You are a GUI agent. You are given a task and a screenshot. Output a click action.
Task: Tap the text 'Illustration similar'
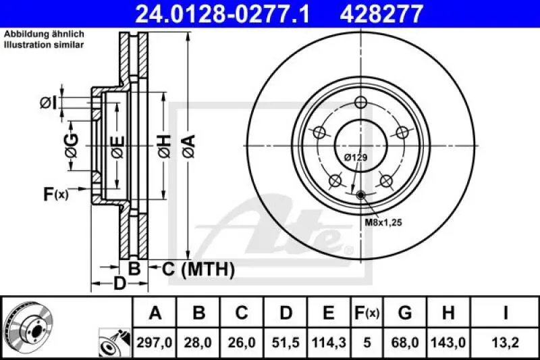tap(44, 45)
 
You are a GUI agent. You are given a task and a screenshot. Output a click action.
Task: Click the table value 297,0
tap(155, 343)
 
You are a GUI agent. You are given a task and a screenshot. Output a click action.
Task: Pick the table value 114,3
tap(327, 343)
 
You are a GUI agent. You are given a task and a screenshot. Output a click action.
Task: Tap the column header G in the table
tap(405, 313)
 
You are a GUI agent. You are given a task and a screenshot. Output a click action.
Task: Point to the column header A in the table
tap(155, 313)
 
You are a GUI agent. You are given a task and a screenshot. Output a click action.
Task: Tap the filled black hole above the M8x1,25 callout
tap(361, 195)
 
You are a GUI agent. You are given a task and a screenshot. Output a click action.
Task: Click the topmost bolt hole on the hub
tap(360, 103)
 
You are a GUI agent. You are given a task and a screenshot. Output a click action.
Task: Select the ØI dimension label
tap(49, 103)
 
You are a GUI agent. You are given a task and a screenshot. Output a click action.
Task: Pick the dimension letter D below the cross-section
tap(118, 284)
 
